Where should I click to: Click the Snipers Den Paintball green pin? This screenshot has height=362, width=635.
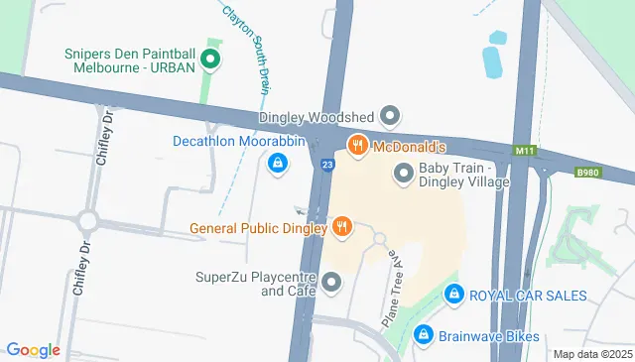[210, 60]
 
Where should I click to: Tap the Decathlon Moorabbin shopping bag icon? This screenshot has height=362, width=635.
[280, 162]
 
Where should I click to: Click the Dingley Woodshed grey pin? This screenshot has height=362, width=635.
[390, 117]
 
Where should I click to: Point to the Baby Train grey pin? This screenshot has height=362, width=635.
[403, 174]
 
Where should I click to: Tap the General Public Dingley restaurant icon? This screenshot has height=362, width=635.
[342, 228]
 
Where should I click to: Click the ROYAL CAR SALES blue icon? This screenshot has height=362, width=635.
[454, 295]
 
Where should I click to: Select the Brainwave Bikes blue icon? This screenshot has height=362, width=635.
[424, 335]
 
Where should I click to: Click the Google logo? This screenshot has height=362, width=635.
[33, 350]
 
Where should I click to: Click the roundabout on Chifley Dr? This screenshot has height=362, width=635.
[89, 219]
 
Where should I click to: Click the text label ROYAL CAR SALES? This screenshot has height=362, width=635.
[528, 296]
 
